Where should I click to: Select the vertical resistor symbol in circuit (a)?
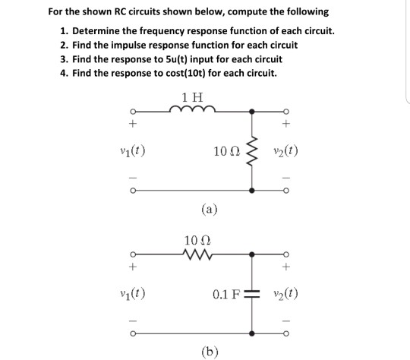tap(251, 147)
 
